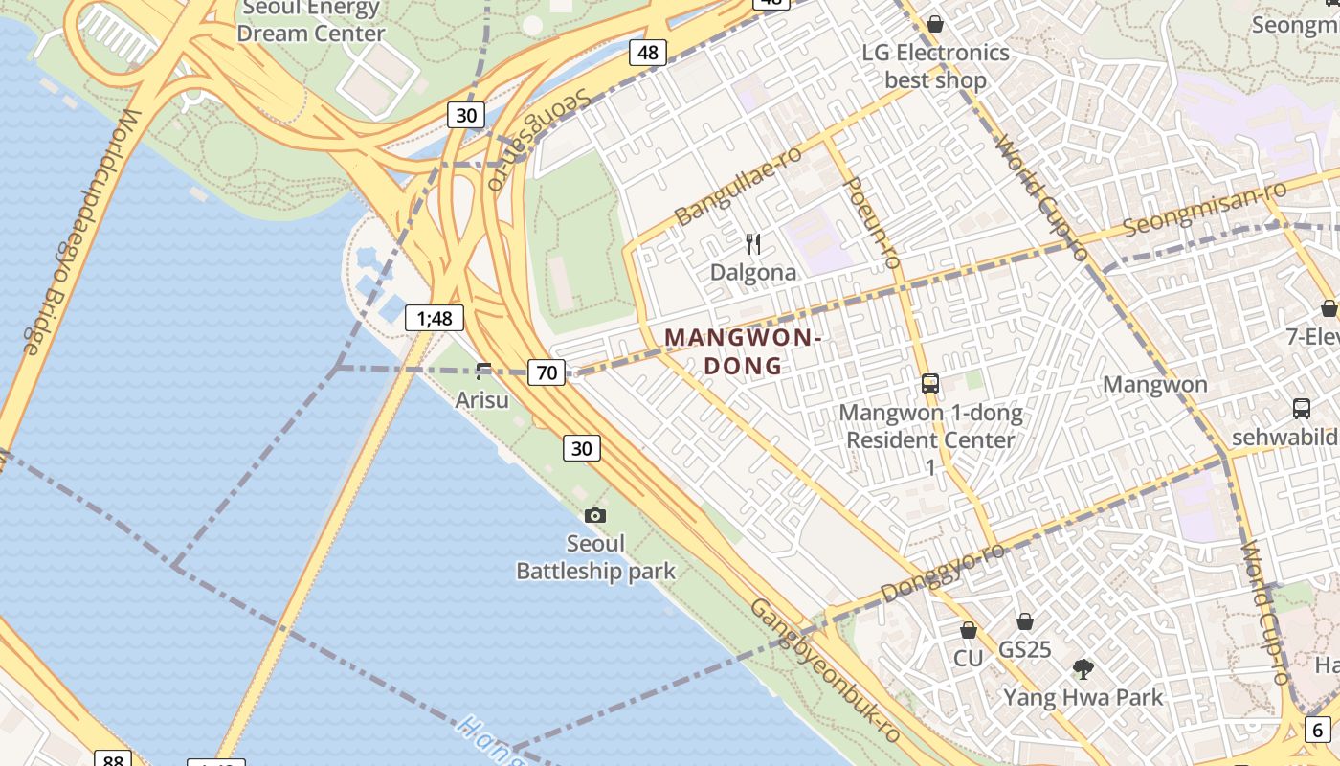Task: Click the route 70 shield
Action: point(546,372)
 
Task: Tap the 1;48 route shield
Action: point(435,318)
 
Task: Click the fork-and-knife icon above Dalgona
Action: point(753,244)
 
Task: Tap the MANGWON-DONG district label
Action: point(743,351)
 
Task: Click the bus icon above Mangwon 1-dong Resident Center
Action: point(929,384)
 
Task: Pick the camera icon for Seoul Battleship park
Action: point(594,515)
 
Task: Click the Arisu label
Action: point(481,399)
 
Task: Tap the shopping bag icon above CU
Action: point(968,630)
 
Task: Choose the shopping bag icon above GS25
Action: point(1024,621)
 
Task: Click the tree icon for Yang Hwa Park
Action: point(1083,668)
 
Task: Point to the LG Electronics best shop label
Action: point(935,66)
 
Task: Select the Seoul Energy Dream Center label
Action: point(311,21)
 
